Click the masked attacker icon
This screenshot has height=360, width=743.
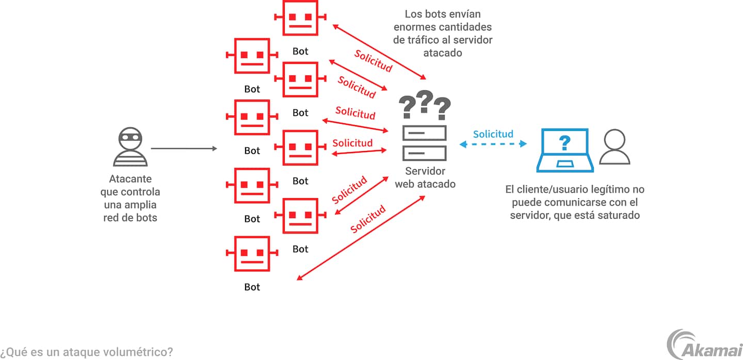130,148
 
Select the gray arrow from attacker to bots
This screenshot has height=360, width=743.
184,149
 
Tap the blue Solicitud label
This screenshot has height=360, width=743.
493,134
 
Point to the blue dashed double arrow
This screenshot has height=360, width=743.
493,144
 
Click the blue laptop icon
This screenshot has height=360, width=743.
565,151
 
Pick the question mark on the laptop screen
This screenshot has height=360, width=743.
565,143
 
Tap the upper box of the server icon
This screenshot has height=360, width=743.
425,133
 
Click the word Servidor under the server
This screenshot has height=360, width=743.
425,171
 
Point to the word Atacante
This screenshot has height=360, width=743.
130,179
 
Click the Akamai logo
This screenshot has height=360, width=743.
704,344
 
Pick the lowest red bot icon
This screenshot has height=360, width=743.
252,253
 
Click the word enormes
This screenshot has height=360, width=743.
414,27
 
